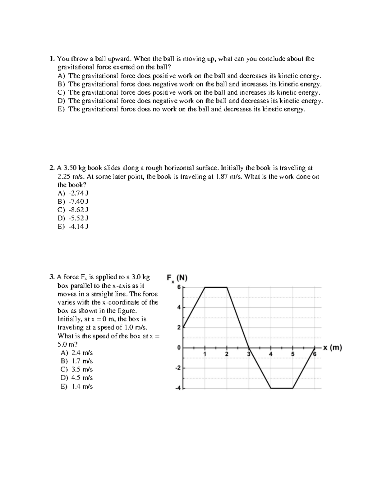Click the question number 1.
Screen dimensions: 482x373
pos(52,59)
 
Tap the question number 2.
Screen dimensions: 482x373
pos(52,168)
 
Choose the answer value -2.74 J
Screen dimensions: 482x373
pos(78,193)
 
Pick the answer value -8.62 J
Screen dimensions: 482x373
pos(78,210)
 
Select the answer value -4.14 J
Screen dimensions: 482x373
pos(78,227)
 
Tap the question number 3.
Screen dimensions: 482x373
pos(52,277)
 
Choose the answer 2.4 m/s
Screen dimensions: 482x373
pos(82,353)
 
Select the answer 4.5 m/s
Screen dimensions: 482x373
pos(82,378)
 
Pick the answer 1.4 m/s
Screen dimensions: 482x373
pos(82,386)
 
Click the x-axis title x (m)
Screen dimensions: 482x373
pos(333,348)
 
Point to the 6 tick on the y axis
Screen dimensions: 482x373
pos(179,287)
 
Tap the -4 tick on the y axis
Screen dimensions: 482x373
pos(177,388)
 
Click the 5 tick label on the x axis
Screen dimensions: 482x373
pos(292,354)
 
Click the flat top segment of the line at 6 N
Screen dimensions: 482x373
pos(216,287)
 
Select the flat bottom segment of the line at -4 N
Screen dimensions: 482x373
pos(282,388)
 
